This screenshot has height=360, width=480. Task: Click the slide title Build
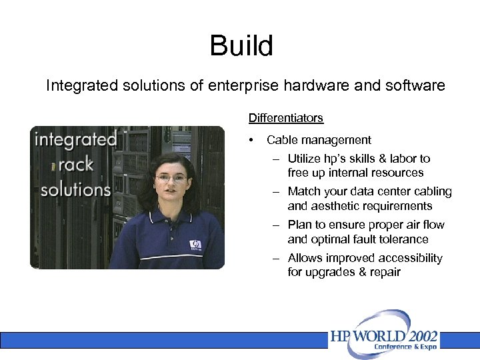(x=241, y=46)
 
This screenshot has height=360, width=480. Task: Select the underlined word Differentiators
(x=285, y=118)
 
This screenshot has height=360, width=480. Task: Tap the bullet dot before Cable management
(x=251, y=141)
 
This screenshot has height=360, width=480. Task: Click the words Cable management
(x=319, y=140)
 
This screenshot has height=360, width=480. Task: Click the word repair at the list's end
(x=384, y=272)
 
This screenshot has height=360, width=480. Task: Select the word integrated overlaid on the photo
(x=75, y=139)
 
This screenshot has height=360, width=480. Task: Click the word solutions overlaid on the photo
(x=75, y=189)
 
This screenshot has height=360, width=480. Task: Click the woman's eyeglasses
(x=171, y=178)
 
